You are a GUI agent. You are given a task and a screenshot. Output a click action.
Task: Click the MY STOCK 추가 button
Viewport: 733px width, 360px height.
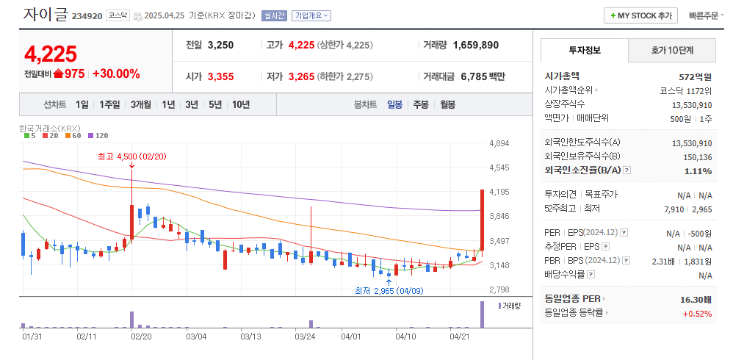[x=640, y=15]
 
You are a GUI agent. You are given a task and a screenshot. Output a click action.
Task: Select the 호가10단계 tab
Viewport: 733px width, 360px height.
[x=672, y=50]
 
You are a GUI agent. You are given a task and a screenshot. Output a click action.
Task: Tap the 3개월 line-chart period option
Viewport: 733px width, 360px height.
[x=141, y=104]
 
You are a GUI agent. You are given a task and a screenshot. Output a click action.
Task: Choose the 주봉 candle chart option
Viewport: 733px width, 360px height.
[x=420, y=104]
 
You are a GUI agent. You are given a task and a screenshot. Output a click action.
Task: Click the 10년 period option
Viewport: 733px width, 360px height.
[x=240, y=104]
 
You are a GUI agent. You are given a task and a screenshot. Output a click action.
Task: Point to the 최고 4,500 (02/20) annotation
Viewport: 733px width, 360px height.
[x=132, y=156]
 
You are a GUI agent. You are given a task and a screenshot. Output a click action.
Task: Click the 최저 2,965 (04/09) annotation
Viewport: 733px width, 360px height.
[x=389, y=291]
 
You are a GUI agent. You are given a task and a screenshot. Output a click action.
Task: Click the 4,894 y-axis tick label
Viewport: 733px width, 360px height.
[x=499, y=144]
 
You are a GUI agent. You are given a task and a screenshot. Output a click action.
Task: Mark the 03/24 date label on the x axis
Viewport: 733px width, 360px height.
[x=304, y=336]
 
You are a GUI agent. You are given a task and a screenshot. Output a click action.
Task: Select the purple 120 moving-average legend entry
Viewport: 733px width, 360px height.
[x=98, y=135]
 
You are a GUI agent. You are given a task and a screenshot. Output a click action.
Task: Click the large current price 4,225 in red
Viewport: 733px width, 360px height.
[x=50, y=54]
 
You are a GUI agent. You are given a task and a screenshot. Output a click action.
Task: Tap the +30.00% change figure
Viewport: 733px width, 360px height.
[x=116, y=73]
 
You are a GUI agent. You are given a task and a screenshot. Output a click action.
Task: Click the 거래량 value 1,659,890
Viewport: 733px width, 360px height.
[x=476, y=45]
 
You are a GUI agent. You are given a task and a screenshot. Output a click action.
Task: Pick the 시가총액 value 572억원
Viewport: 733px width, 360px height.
[x=695, y=76]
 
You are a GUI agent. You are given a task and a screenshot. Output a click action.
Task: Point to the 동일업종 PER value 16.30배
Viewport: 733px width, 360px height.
[x=696, y=300]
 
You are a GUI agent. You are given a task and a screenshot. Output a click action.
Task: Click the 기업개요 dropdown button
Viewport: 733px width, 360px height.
[x=311, y=15]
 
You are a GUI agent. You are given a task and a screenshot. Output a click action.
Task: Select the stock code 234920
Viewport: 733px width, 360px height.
[x=87, y=15]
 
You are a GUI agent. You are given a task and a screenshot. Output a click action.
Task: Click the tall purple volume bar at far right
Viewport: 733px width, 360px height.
[x=482, y=314]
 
